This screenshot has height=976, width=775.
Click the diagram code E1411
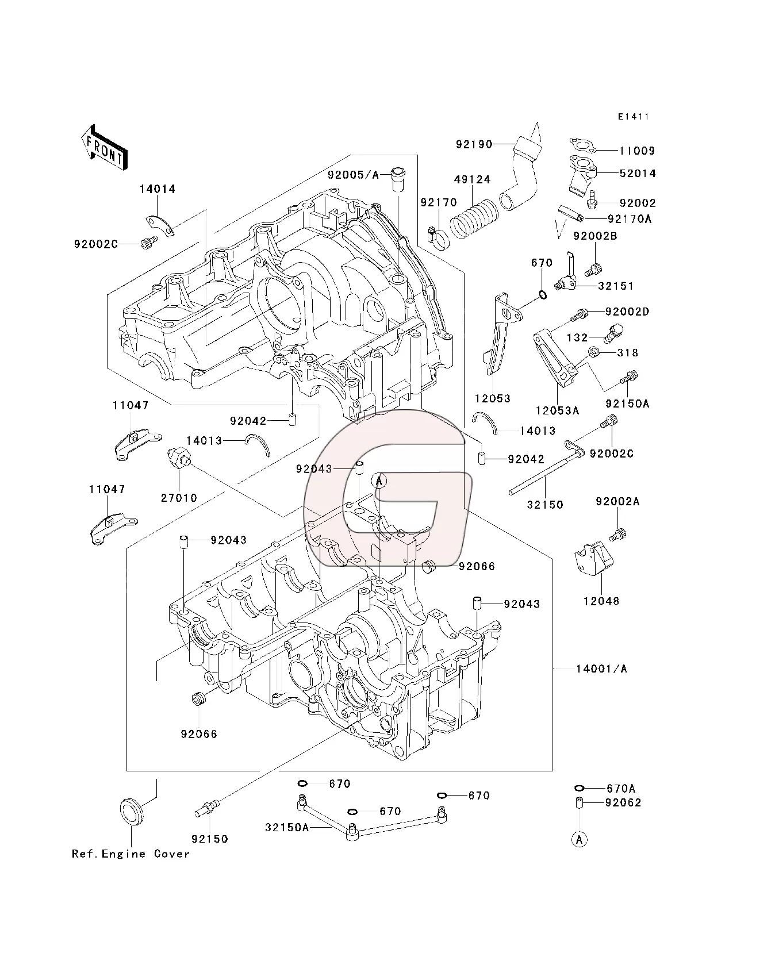point(633,117)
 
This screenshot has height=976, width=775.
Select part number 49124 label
point(472,180)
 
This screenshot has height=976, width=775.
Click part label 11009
point(636,151)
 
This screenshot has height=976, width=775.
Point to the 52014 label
point(637,174)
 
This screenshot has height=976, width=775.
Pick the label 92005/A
point(354,174)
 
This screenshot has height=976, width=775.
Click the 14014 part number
point(157,189)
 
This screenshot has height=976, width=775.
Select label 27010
point(179,498)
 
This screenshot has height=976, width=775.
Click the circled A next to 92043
point(379,480)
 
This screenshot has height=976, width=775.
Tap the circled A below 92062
point(580,839)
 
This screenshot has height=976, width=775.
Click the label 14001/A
point(601,669)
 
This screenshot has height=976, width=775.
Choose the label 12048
point(601,602)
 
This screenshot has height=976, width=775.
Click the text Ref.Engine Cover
point(131,854)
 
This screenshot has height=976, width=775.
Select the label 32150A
point(287,828)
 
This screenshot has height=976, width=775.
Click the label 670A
point(620,789)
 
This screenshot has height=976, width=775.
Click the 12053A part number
point(557,410)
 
